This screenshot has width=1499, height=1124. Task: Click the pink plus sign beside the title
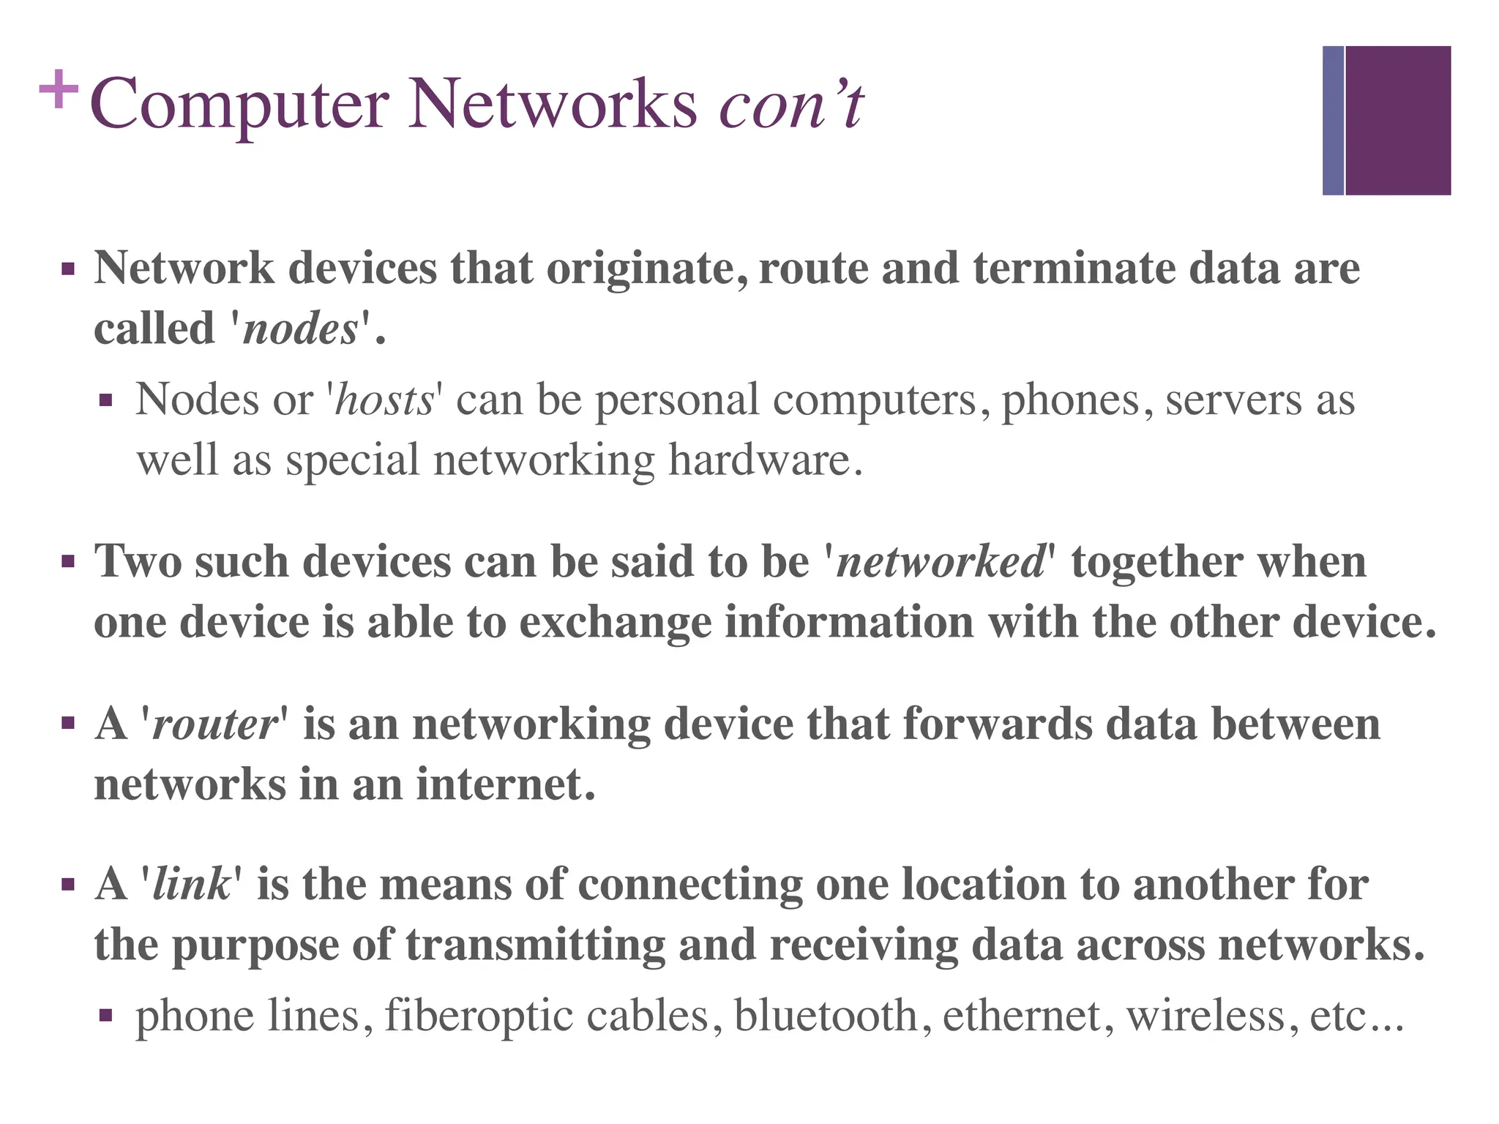click(x=58, y=90)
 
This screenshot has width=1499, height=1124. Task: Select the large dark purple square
click(x=1397, y=121)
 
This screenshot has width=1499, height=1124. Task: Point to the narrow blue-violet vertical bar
click(x=1333, y=121)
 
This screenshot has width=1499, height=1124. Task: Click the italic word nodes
click(x=300, y=329)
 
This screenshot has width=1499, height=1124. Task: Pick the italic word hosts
click(x=384, y=400)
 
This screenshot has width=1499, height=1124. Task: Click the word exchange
click(x=615, y=623)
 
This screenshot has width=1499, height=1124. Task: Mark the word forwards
click(x=997, y=724)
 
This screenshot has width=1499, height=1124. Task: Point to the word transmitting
click(x=535, y=945)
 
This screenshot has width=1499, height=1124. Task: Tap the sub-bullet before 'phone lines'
click(x=106, y=1016)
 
